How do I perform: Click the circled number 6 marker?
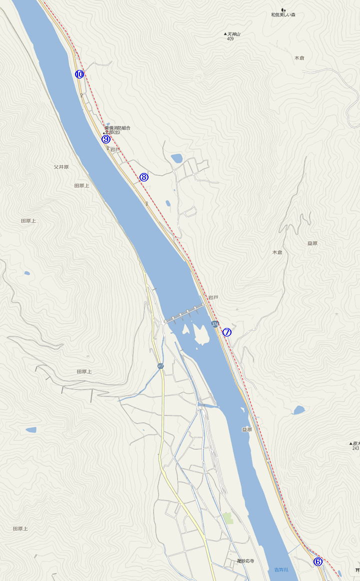click(x=318, y=561)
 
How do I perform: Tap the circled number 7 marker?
click(x=227, y=332)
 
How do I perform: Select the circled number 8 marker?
click(x=144, y=177)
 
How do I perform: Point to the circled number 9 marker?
click(x=106, y=139)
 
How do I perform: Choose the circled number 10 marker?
click(x=79, y=74)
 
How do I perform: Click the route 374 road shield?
click(x=215, y=324)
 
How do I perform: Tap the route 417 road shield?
click(x=160, y=366)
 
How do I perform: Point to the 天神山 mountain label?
click(x=233, y=34)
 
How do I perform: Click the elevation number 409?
click(x=230, y=39)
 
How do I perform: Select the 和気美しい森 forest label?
click(x=283, y=15)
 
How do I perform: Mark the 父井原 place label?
click(x=60, y=167)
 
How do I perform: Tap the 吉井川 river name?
click(x=281, y=569)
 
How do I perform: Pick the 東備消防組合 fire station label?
click(x=117, y=128)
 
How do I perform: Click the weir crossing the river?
click(x=185, y=312)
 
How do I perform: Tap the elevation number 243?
click(x=355, y=448)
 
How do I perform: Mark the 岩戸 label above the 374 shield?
click(x=213, y=297)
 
